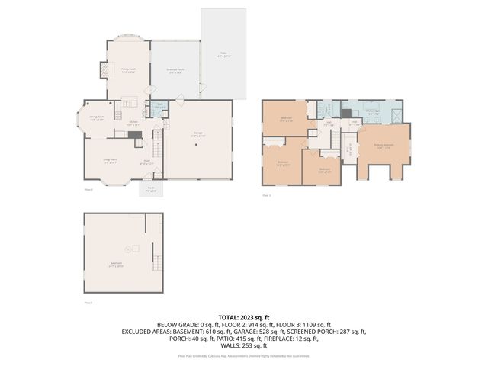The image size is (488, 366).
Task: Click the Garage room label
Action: pyautogui.click(x=197, y=136)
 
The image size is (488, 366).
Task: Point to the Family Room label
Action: pyautogui.click(x=128, y=70)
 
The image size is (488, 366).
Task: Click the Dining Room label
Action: pyautogui.click(x=97, y=118)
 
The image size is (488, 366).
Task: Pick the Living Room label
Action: pyautogui.click(x=110, y=160)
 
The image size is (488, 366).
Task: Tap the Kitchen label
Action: pyautogui.click(x=132, y=124)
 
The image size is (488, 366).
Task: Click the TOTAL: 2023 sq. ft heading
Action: pyautogui.click(x=243, y=316)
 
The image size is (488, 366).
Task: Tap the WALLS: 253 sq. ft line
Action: pyautogui.click(x=243, y=345)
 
